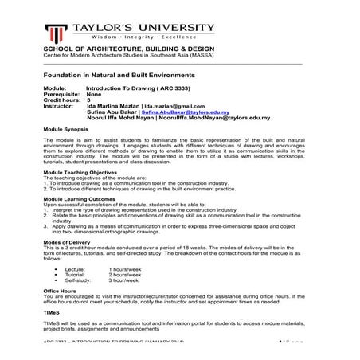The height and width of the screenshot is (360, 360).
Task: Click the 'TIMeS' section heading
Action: click(50, 315)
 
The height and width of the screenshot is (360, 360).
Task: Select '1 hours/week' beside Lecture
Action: click(125, 269)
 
